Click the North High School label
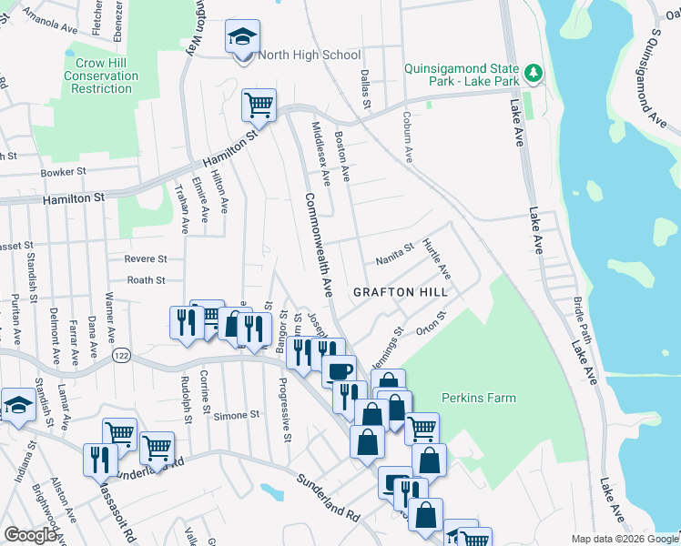click(309, 55)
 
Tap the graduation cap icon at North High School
click(242, 37)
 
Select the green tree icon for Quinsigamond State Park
click(533, 72)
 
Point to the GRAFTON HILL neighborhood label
click(401, 292)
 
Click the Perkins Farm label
click(478, 398)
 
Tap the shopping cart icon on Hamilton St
click(259, 105)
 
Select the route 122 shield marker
click(118, 353)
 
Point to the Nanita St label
click(395, 254)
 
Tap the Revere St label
click(146, 259)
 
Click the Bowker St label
click(63, 171)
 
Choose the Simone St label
click(237, 415)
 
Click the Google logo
click(31, 534)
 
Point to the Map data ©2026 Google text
click(624, 539)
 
